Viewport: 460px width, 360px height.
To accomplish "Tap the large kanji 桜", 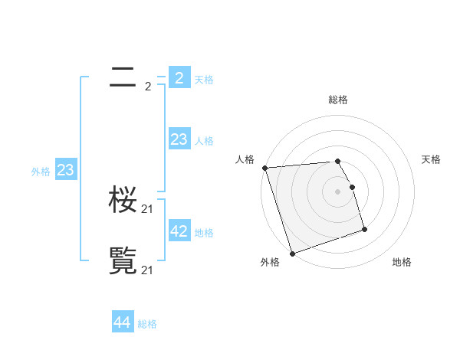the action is (123, 201).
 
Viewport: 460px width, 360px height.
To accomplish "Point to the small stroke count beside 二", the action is (148, 87).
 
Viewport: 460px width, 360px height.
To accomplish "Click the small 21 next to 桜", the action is (148, 209).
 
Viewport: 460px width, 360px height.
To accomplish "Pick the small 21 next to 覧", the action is (148, 270).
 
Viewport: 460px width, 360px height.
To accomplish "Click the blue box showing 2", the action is (179, 78).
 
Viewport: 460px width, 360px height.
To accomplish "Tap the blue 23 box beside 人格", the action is (179, 139).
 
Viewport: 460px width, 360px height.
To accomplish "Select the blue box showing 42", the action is (179, 231).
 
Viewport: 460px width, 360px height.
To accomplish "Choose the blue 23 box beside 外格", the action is (65, 170).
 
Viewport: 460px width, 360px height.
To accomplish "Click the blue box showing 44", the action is (122, 322).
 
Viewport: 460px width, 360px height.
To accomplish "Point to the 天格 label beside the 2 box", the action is (204, 80).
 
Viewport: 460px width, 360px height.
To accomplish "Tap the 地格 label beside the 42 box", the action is (204, 232).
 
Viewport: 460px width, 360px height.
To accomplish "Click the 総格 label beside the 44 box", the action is (147, 324).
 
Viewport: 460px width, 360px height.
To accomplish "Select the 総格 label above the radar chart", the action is (338, 100).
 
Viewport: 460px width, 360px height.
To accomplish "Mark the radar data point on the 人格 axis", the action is (264, 168).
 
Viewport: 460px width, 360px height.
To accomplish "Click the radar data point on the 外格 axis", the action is (292, 254).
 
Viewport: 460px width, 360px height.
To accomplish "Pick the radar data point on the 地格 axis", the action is (364, 229).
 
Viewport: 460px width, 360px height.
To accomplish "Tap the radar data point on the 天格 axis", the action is (352, 187).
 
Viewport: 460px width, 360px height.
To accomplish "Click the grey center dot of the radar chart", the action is (338, 191).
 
